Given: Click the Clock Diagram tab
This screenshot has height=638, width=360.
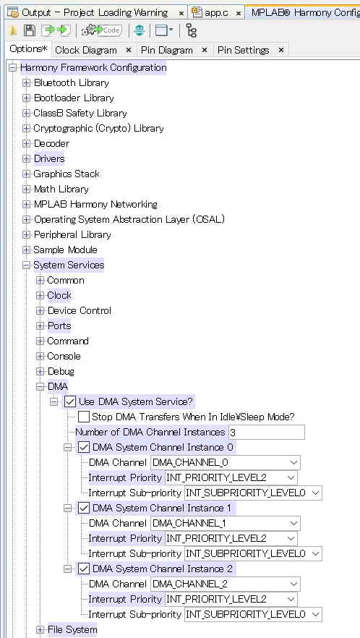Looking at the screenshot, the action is pos(86,50).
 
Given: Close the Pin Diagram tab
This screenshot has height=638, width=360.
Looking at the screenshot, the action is pos(205,50).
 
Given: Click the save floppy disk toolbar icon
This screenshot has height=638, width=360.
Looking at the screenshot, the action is pos(30,30).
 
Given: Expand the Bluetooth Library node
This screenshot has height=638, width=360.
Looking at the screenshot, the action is pos(27,83).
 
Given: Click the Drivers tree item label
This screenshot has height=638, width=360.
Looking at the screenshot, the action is pos(49,158).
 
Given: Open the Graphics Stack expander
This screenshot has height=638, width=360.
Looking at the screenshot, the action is pos(27,174).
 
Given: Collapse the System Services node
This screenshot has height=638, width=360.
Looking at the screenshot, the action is pos(27,265).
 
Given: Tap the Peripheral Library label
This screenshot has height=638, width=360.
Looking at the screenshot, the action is pos(72,235).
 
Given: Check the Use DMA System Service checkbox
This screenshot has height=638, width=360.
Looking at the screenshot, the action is pos(70,402).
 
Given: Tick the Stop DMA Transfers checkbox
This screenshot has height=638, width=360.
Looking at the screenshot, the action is pos(84,417).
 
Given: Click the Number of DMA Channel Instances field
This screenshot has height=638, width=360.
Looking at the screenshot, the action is pos(267,432).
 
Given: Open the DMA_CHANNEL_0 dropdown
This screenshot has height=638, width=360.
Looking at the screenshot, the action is pos(226,463).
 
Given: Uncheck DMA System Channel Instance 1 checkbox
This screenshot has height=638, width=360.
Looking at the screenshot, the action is pos(84,509).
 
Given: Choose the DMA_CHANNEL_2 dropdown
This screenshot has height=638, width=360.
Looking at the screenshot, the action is pos(226,584).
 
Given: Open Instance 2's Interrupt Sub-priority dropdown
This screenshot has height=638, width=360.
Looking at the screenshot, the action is pos(253,614).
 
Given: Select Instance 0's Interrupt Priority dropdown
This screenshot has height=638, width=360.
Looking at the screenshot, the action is pos(231,477).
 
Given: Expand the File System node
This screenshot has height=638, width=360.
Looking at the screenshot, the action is pos(40,630).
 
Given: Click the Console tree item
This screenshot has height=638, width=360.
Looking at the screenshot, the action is pos(64,357).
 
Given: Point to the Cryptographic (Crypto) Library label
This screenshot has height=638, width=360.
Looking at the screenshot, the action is pos(98,129).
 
